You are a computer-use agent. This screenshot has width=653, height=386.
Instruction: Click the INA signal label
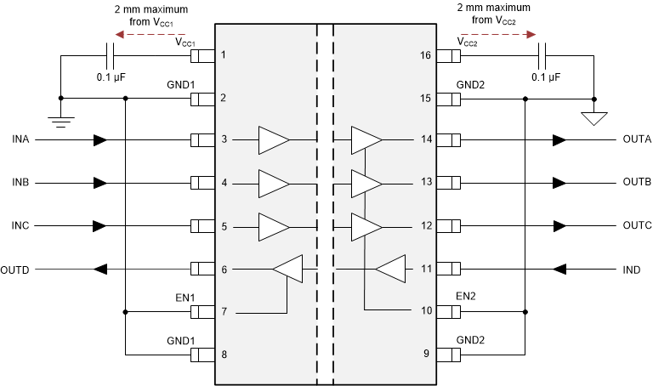tap(20, 139)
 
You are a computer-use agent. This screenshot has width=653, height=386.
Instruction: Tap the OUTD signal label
tap(15, 270)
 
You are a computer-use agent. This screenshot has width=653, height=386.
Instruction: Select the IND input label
tap(631, 270)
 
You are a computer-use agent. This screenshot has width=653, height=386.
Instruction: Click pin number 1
tap(224, 55)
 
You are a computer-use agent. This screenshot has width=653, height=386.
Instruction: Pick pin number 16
tap(426, 55)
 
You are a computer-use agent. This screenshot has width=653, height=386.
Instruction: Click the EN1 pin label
tap(186, 298)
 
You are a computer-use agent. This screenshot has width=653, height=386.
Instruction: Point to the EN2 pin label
tap(466, 296)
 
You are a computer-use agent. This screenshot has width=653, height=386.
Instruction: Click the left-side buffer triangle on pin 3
tap(274, 139)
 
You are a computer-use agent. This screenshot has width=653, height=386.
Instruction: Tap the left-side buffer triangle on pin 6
tap(287, 270)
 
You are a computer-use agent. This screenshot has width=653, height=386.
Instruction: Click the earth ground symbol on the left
tap(60, 121)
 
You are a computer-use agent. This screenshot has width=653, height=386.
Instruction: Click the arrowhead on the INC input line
tap(100, 226)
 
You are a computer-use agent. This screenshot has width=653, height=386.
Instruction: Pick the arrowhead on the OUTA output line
tap(559, 139)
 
